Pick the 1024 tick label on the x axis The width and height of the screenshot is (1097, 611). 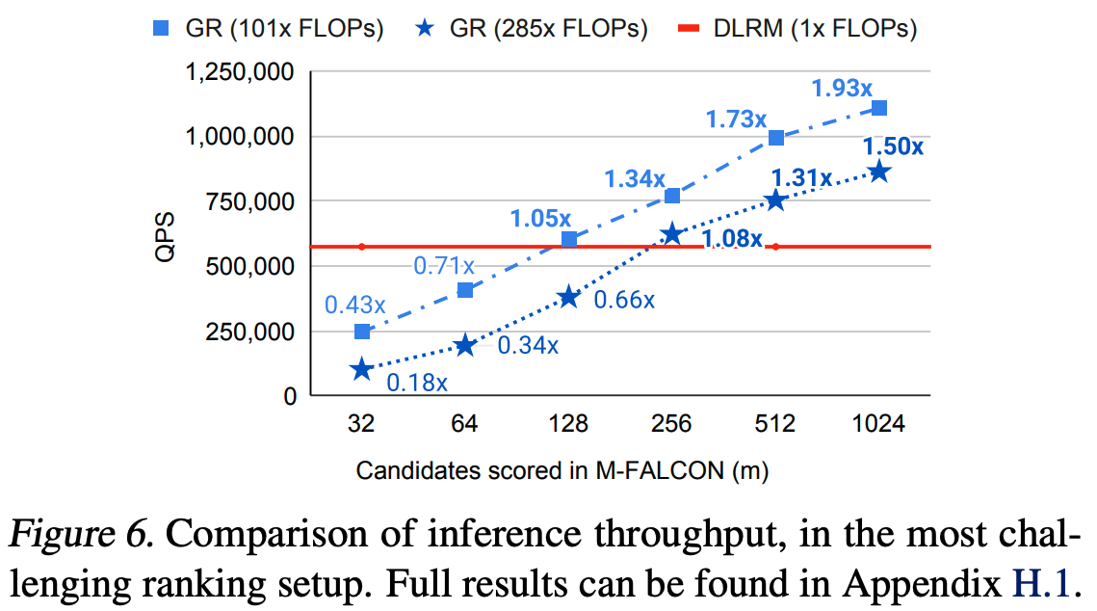tap(878, 425)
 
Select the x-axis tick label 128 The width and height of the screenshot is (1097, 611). tap(568, 425)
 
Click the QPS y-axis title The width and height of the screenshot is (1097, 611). tap(165, 234)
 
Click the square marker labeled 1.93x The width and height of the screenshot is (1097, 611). tap(878, 108)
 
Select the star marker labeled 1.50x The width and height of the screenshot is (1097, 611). tap(878, 172)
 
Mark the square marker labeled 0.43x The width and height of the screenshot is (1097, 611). tap(362, 332)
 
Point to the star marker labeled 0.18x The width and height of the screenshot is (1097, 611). tap(362, 369)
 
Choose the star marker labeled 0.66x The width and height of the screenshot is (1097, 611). tap(568, 297)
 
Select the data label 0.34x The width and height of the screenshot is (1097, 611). tap(527, 345)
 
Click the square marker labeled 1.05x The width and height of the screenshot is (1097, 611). tap(568, 239)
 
